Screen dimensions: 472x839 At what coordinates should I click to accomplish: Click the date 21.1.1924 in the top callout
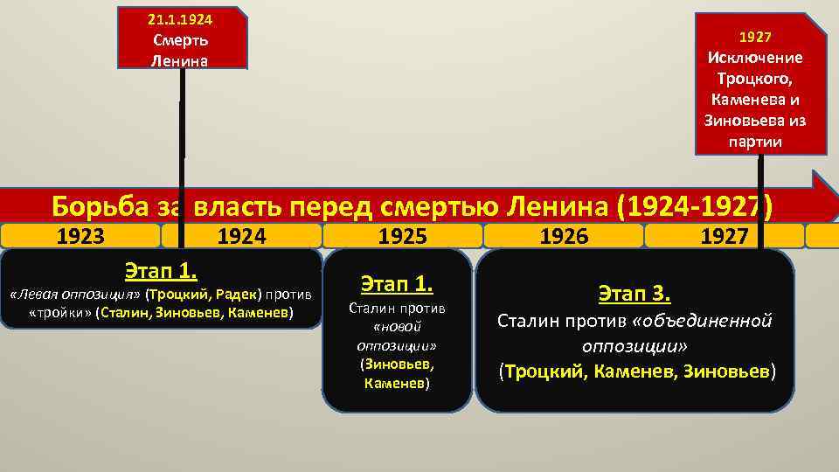click(181, 17)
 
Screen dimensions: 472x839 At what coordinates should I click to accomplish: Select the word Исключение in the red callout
click(754, 57)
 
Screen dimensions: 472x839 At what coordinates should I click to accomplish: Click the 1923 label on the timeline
click(80, 236)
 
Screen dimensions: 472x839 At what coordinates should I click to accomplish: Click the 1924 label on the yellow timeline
click(241, 236)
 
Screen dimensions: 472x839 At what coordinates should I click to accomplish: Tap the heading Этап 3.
click(634, 292)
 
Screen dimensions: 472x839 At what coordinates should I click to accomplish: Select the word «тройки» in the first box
click(60, 313)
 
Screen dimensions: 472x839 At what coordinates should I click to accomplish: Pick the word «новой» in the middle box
click(397, 326)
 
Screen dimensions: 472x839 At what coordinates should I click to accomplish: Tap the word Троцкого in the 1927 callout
click(754, 78)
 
